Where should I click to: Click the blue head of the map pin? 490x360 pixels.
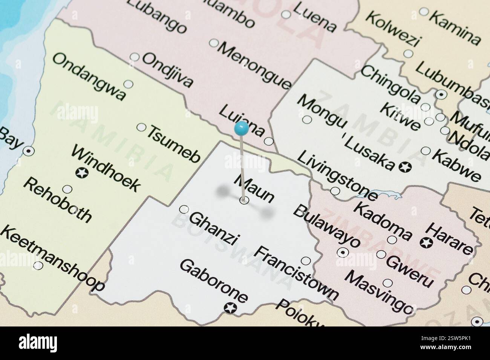[241, 129]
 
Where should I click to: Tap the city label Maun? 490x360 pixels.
[254, 188]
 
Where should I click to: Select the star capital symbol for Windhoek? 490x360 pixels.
[82, 173]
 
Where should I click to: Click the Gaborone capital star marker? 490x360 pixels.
[229, 308]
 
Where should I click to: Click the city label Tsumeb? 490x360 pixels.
[173, 144]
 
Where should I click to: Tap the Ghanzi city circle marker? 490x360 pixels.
[184, 209]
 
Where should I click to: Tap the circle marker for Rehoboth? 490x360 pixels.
[67, 189]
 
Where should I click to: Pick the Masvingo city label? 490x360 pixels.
[379, 292]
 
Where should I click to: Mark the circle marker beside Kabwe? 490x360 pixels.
[426, 151]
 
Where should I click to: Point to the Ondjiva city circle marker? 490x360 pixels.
[135, 57]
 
